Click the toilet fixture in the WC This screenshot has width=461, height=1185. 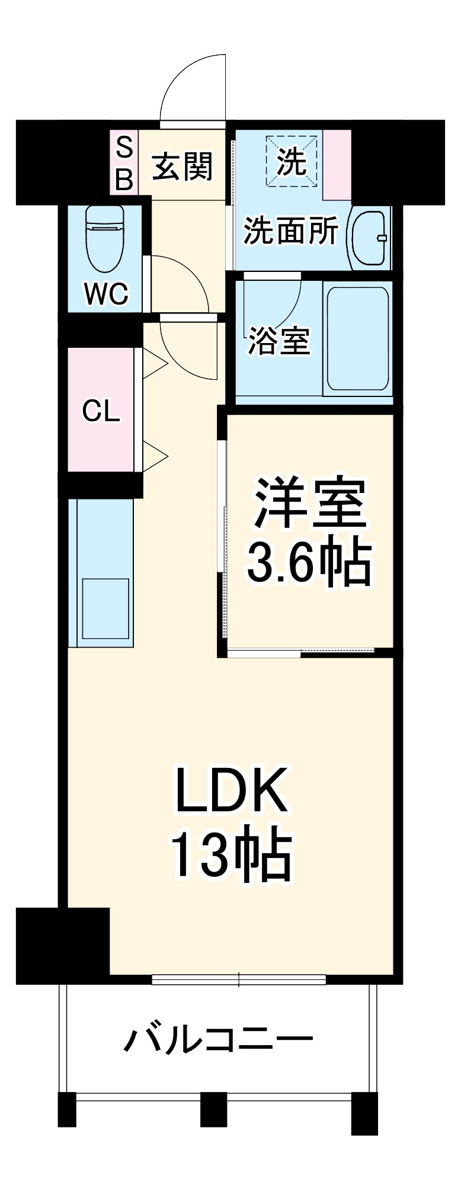pyautogui.click(x=105, y=238)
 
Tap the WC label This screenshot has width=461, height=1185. pyautogui.click(x=106, y=293)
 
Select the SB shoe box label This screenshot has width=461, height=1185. pyautogui.click(x=124, y=162)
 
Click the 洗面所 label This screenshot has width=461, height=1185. pyautogui.click(x=290, y=230)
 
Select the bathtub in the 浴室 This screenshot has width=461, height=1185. pyautogui.click(x=358, y=339)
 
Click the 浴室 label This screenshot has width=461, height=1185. pyautogui.click(x=278, y=340)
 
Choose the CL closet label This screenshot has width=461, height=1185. pyautogui.click(x=101, y=410)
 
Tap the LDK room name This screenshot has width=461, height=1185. pyautogui.click(x=232, y=791)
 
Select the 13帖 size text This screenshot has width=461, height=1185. pyautogui.click(x=232, y=856)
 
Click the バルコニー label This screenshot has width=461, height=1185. pyautogui.click(x=219, y=1039)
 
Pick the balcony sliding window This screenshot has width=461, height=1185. pyautogui.click(x=239, y=979)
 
